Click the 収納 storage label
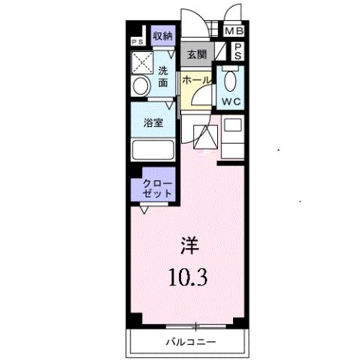162,35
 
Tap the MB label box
235,32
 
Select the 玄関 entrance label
197,54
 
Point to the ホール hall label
195,78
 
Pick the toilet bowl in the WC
231,80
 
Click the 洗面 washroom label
162,77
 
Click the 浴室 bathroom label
153,123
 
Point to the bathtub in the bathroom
153,149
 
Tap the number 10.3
187,278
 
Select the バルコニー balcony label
190,343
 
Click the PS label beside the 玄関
237,51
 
